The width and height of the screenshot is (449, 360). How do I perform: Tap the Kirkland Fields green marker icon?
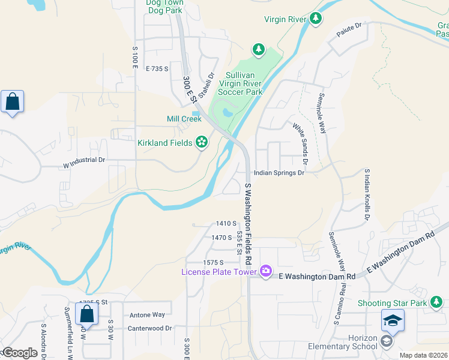click(x=202, y=142)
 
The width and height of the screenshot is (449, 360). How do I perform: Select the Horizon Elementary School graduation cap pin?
click(x=393, y=322)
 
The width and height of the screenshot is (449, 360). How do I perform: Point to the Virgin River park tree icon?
click(x=316, y=19)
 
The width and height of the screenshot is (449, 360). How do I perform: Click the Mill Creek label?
click(x=184, y=119)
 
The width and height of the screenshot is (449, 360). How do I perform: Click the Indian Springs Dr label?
click(x=279, y=173)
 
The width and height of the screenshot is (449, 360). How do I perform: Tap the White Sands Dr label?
click(x=300, y=144)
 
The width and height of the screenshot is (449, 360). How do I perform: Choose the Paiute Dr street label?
click(x=351, y=27)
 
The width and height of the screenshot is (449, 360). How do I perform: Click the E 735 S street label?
click(x=157, y=69)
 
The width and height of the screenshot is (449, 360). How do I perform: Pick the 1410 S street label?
click(x=225, y=223)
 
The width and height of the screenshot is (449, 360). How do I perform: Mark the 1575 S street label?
click(x=213, y=262)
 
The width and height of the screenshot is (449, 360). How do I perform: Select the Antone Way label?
click(x=147, y=314)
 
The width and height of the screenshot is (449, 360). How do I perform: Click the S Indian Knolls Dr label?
click(x=367, y=194)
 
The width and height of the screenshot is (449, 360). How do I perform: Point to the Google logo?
click(x=19, y=353)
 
